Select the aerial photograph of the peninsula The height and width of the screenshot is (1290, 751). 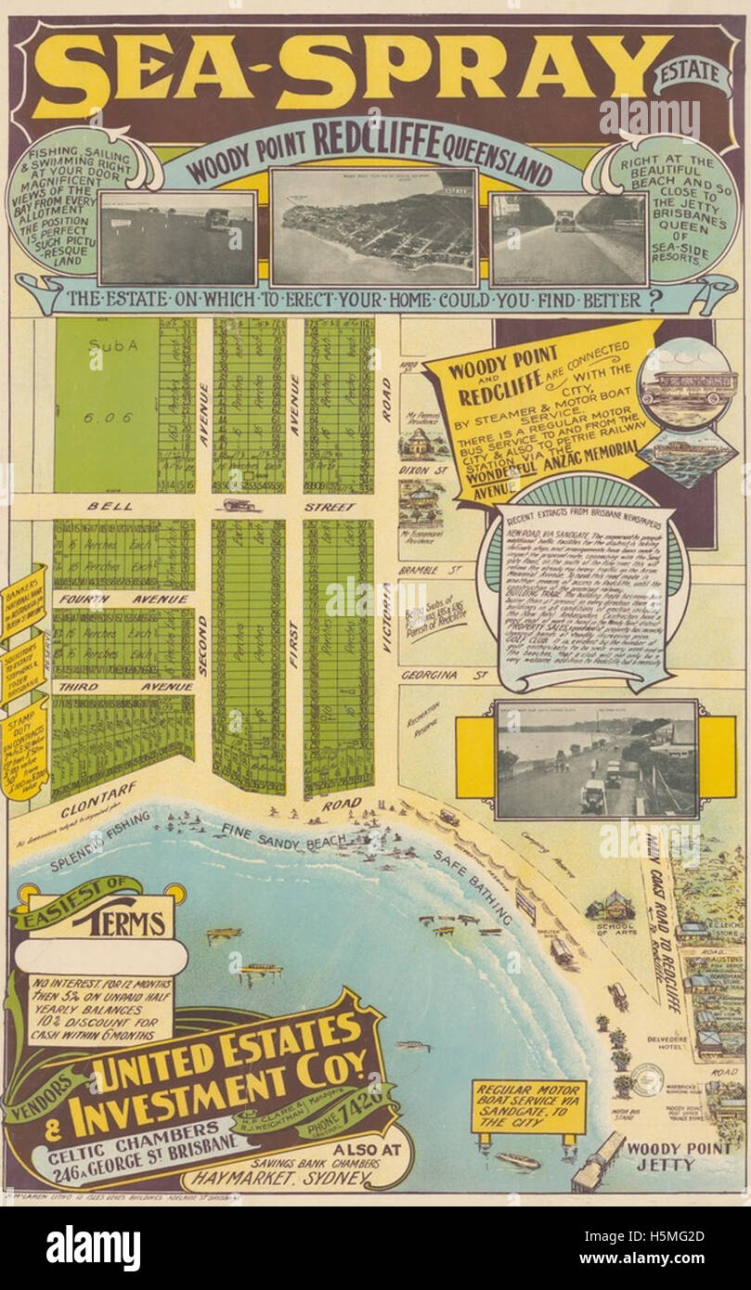tap(374, 227)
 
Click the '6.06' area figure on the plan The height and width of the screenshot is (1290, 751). tap(107, 418)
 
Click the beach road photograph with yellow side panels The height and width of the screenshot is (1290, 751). tap(596, 759)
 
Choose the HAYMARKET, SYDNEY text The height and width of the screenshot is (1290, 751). tap(278, 1179)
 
